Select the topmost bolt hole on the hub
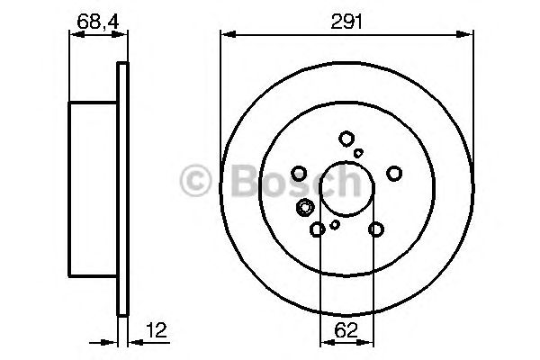pyautogui.click(x=346, y=139)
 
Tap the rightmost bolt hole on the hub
pyautogui.click(x=394, y=173)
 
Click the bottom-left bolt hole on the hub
pyautogui.click(x=318, y=230)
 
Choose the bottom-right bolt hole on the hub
pyautogui.click(x=376, y=230)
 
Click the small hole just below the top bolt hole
pyautogui.click(x=358, y=154)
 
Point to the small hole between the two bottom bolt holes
pyautogui.click(x=335, y=224)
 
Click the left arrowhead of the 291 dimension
pyautogui.click(x=226, y=35)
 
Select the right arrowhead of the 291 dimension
pyautogui.click(x=470, y=35)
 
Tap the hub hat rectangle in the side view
pyautogui.click(x=94, y=189)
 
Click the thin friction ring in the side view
pyautogui.click(x=123, y=189)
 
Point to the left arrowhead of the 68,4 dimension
pyautogui.click(x=74, y=35)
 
